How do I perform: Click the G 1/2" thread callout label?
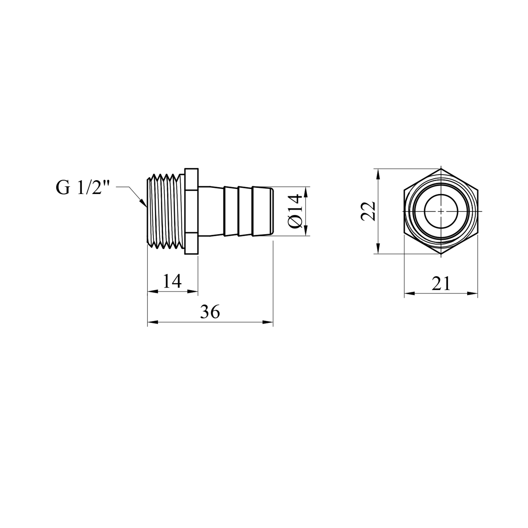pyautogui.click(x=83, y=188)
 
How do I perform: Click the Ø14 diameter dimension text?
pyautogui.click(x=295, y=211)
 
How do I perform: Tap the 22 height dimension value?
pyautogui.click(x=367, y=211)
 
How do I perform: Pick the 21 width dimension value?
pyautogui.click(x=441, y=283)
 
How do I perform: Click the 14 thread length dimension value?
pyautogui.click(x=172, y=281)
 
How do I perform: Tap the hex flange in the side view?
pyautogui.click(x=191, y=211)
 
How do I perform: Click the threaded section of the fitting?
pyautogui.click(x=165, y=211)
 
